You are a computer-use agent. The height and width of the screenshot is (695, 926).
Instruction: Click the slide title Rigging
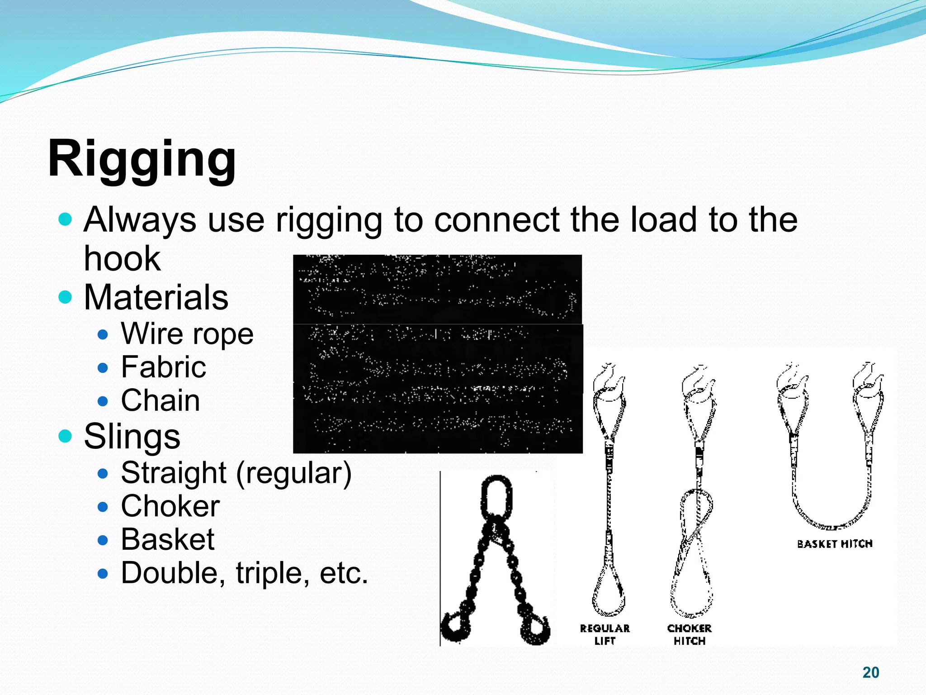[142, 159]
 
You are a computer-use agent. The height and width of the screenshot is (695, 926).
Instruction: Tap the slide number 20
[870, 672]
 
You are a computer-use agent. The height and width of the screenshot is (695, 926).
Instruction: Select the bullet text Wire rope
[187, 334]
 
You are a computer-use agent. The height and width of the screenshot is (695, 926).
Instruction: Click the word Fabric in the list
[163, 367]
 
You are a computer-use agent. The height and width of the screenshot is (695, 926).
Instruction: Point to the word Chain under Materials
[160, 400]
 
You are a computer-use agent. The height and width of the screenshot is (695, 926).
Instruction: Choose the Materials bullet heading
[156, 297]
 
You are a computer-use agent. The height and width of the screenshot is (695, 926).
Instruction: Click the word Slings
[132, 436]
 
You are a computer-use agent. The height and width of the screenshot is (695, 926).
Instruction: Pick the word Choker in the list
[170, 506]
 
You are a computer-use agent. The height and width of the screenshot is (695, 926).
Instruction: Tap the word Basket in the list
[167, 539]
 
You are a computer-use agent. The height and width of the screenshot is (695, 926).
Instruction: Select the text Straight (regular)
[236, 473]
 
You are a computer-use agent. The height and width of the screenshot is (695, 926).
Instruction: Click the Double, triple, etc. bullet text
[244, 573]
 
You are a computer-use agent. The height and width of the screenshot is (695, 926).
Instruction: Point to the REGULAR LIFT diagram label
[605, 634]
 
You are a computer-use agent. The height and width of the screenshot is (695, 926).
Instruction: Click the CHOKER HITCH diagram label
[689, 634]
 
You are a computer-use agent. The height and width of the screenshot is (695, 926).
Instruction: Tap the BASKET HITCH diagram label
[834, 544]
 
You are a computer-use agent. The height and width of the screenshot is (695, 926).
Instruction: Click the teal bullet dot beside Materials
[66, 297]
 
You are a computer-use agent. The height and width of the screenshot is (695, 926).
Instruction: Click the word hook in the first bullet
[122, 258]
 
